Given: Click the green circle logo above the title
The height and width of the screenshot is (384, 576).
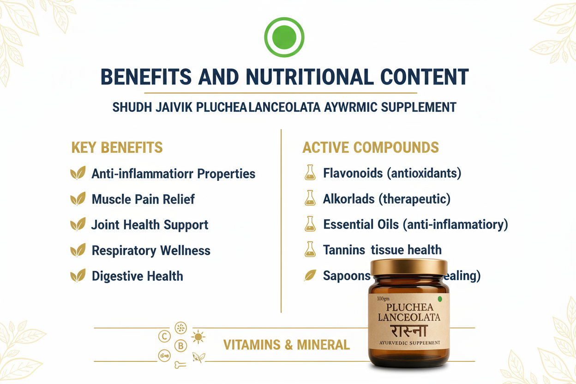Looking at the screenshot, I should (x=284, y=36).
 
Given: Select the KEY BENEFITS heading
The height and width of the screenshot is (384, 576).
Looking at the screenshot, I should (x=117, y=148).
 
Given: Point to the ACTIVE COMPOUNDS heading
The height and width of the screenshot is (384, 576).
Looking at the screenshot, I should (x=370, y=148).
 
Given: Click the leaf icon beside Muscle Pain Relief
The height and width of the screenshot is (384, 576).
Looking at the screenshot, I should (x=78, y=199).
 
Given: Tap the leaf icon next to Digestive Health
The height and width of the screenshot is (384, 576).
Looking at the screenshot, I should (x=78, y=276).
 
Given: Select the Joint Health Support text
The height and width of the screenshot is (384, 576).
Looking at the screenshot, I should (x=150, y=225).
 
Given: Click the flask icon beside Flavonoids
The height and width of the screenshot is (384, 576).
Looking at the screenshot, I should (x=310, y=173).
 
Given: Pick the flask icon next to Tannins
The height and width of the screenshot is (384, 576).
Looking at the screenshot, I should (x=310, y=250).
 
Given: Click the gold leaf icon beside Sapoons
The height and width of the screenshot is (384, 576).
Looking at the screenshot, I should (x=310, y=276).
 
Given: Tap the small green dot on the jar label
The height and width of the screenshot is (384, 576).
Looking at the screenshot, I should (x=440, y=299).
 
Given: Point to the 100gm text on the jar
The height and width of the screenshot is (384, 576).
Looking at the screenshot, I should (x=383, y=299).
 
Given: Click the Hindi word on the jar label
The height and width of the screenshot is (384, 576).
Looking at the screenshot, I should (x=409, y=331).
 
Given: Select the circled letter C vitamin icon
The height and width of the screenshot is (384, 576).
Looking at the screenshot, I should (x=164, y=336).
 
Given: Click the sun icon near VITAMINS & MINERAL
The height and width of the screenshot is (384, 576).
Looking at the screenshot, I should (x=198, y=337).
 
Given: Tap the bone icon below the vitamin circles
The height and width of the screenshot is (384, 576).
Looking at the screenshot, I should (x=180, y=366).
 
